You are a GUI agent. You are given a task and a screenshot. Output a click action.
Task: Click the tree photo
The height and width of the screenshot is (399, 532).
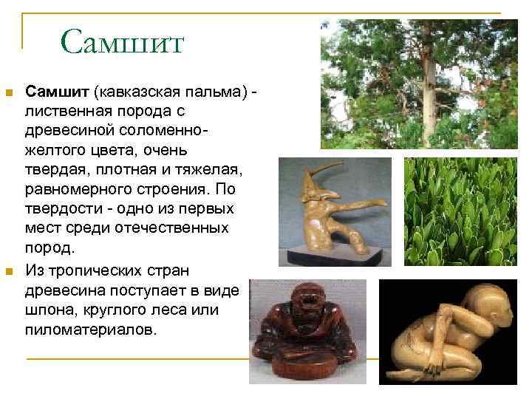[x=419, y=83]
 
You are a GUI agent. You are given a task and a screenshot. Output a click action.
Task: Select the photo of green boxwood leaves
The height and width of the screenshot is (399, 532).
[x=461, y=212]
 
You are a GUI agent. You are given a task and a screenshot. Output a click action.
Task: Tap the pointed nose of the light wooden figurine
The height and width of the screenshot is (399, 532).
[x=339, y=177]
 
